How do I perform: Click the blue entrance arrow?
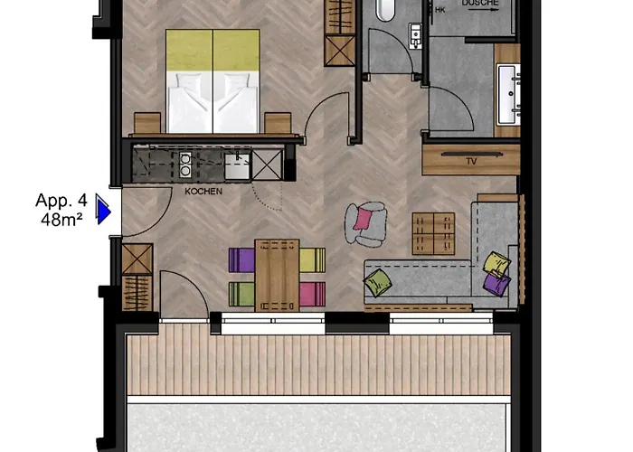pyautogui.click(x=103, y=209)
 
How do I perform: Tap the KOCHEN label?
pyautogui.click(x=203, y=192)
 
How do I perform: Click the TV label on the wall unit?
pyautogui.click(x=471, y=162)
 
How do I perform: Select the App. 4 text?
pyautogui.click(x=61, y=200)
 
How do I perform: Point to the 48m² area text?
pyautogui.click(x=61, y=220)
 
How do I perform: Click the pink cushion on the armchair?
pyautogui.click(x=363, y=219)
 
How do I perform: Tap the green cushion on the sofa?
pyautogui.click(x=377, y=282)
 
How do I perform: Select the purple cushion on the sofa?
pyautogui.click(x=496, y=284)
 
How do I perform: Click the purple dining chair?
pyautogui.click(x=241, y=260)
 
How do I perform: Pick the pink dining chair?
pyautogui.click(x=313, y=294)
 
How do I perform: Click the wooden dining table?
pyautogui.click(x=277, y=276)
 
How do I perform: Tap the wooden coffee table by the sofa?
pyautogui.click(x=433, y=233)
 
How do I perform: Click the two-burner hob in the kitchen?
pyautogui.click(x=184, y=165)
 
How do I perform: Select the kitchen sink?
pyautogui.click(x=237, y=165)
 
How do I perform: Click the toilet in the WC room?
pyautogui.click(x=385, y=10)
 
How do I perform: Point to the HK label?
pyautogui.click(x=440, y=10)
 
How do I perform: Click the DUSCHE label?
pyautogui.click(x=480, y=3)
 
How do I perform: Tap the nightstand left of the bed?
pyautogui.click(x=147, y=123)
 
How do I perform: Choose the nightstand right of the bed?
pyautogui.click(x=278, y=123)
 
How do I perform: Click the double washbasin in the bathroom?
pyautogui.click(x=508, y=94)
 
